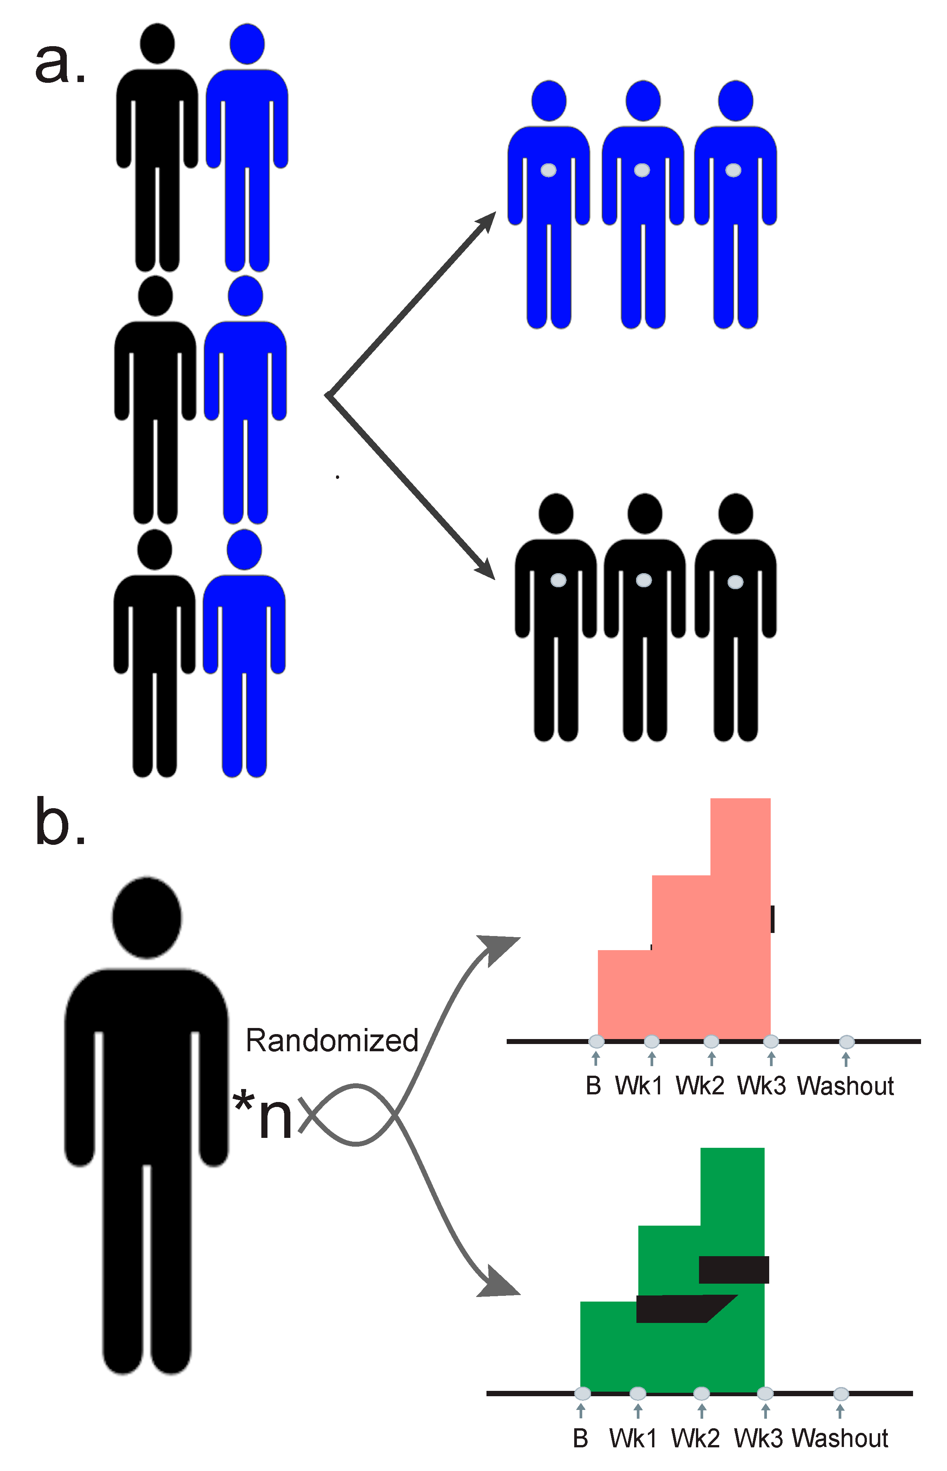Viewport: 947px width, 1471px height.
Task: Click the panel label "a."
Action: pos(60,64)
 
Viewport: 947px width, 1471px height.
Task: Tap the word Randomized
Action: pos(332,1041)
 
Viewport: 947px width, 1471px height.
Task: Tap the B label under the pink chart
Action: pos(593,1086)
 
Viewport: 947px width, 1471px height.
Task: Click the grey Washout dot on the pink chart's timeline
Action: pos(847,1042)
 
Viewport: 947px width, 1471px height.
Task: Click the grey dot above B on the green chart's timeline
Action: pos(582,1394)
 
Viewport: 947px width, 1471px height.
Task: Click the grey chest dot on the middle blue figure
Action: pos(642,170)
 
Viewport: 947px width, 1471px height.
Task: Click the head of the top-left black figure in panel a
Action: pos(158,44)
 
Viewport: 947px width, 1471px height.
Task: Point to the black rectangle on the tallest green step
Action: pos(734,1270)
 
